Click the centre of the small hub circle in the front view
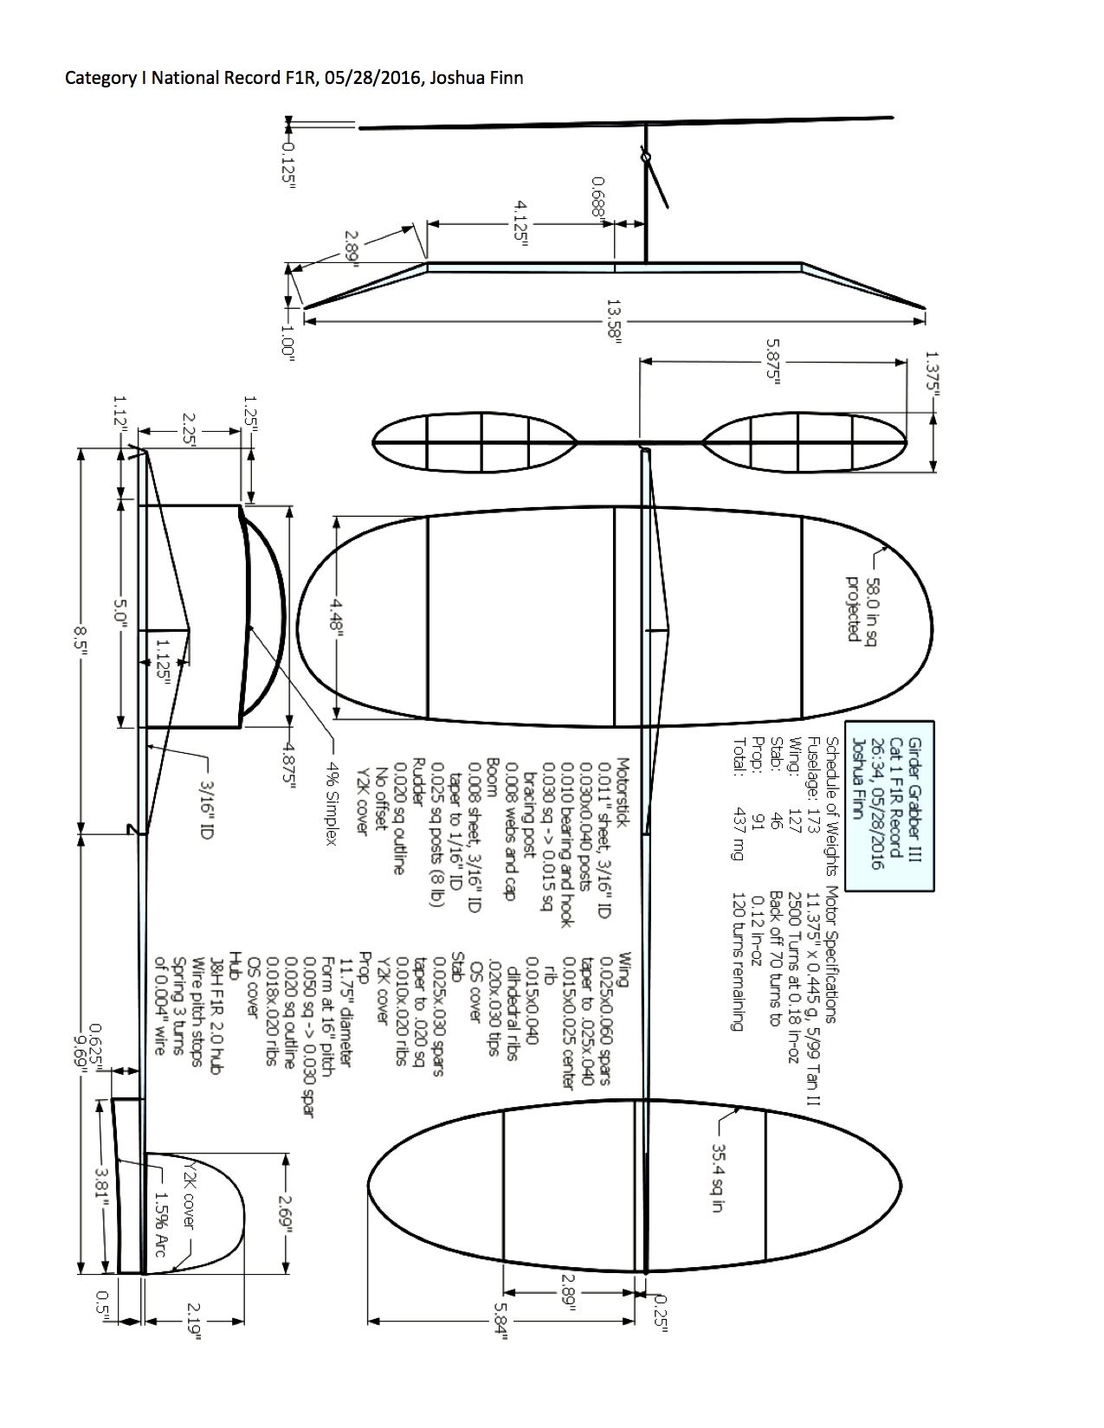click(x=646, y=157)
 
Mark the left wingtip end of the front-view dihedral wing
click(x=304, y=307)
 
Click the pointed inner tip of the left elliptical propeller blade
click(x=578, y=442)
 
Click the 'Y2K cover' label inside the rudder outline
click(x=190, y=1191)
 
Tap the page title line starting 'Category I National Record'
click(x=294, y=78)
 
